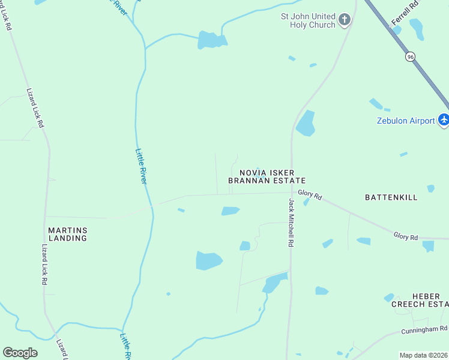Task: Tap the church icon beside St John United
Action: [x=345, y=20]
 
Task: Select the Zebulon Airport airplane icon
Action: [x=444, y=120]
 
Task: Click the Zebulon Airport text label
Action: [x=406, y=121]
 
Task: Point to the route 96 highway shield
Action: [x=410, y=56]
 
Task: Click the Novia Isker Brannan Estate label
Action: [x=267, y=176]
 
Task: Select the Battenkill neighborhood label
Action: [x=391, y=197]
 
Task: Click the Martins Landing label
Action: [x=68, y=234]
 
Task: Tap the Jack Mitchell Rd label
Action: [x=291, y=223]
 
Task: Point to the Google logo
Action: [x=20, y=353]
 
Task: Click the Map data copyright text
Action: [x=423, y=355]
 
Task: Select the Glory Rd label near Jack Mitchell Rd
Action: [x=310, y=196]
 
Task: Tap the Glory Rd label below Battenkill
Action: [x=406, y=236]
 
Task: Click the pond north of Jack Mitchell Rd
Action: [x=306, y=124]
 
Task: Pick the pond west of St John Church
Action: [x=212, y=40]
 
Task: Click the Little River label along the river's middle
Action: [x=142, y=166]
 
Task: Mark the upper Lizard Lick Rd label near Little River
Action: [x=35, y=107]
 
